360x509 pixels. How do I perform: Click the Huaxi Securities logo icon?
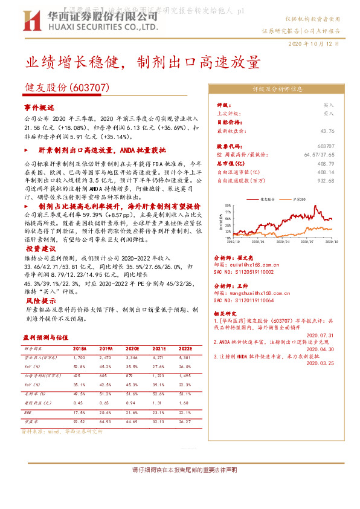pyautogui.click(x=33, y=21)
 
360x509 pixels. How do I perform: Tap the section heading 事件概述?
pyautogui.click(x=39, y=107)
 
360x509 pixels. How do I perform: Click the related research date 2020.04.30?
pyautogui.click(x=320, y=349)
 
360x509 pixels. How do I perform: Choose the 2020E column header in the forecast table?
pyautogui.click(x=131, y=348)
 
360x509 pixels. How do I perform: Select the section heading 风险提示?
pyautogui.click(x=37, y=299)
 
